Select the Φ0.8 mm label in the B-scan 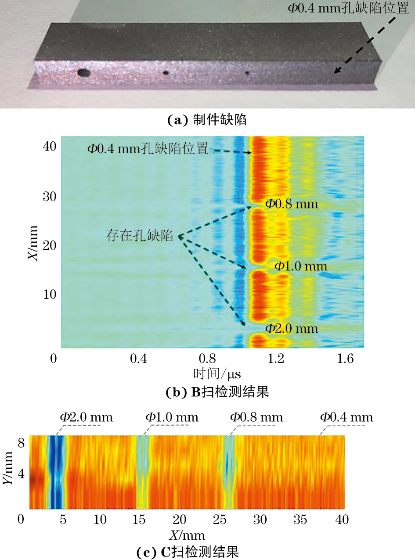coord(291,205)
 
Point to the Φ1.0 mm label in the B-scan coord(301,266)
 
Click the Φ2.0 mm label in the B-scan coord(291,328)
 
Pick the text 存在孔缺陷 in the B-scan coord(139,236)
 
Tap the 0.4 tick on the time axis coord(138,359)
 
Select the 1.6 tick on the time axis coord(346,359)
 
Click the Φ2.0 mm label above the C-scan coord(86,417)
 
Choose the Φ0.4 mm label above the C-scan coord(346,417)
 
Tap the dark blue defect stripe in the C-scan coord(55,472)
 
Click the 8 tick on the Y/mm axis coord(21,443)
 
